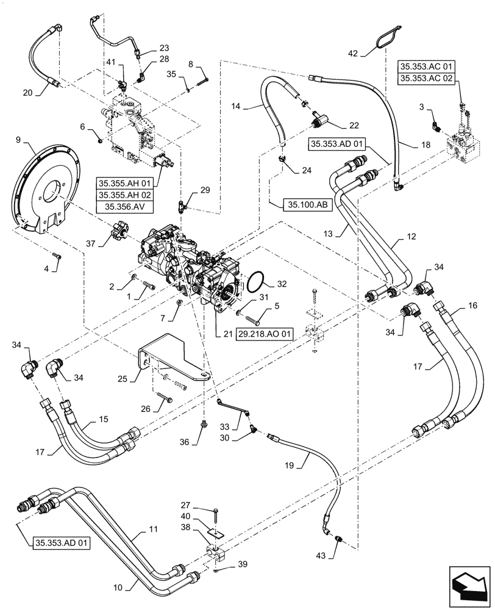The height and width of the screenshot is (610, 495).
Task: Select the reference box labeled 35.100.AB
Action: tap(307, 205)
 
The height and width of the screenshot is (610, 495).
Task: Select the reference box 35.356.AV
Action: tap(124, 207)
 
